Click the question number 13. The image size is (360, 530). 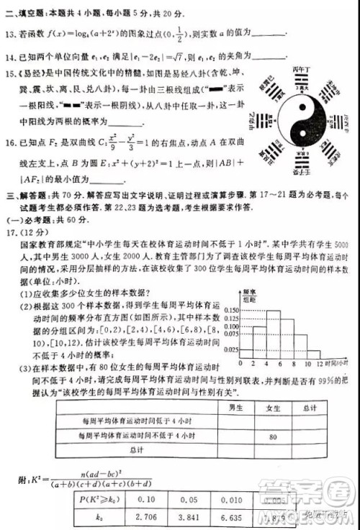pyautogui.click(x=10, y=33)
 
